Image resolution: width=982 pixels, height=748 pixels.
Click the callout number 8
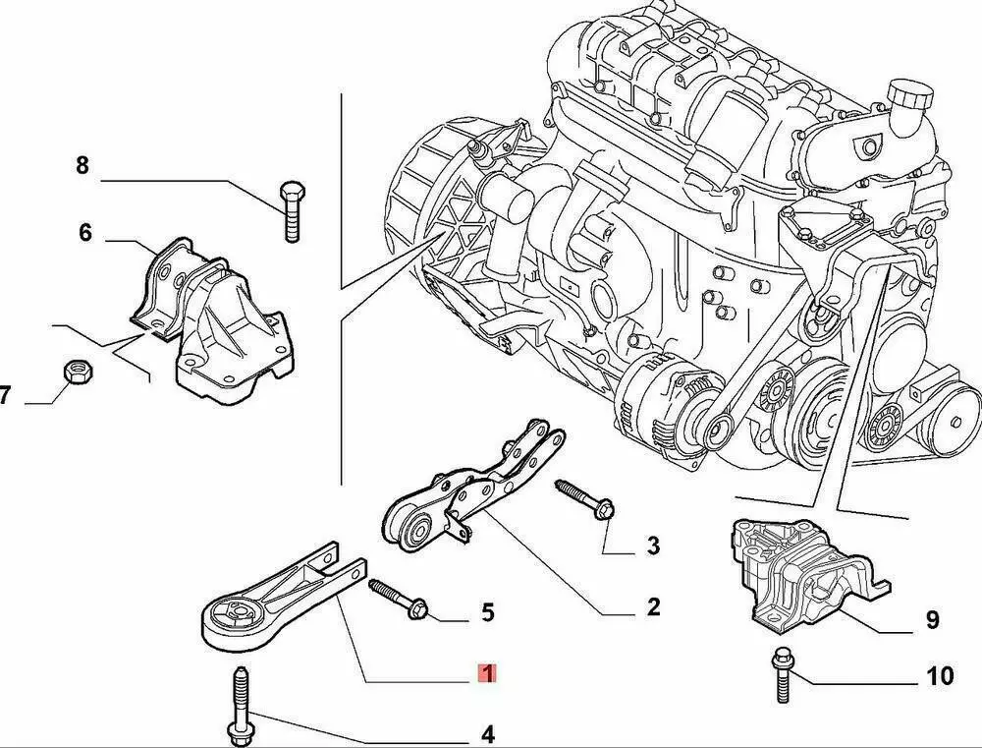click(x=82, y=165)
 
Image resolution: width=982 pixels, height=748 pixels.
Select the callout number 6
click(x=85, y=233)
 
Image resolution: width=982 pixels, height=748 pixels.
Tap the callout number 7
click(x=5, y=396)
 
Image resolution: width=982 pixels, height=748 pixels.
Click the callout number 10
click(x=940, y=676)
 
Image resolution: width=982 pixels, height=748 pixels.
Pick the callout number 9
click(x=932, y=619)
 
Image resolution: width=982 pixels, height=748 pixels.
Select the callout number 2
click(x=653, y=607)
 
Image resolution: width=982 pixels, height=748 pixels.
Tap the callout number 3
click(x=653, y=545)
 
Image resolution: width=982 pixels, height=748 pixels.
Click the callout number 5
click(x=487, y=613)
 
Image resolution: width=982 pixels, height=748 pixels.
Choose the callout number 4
click(x=487, y=733)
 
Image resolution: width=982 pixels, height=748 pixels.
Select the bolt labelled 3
click(x=584, y=498)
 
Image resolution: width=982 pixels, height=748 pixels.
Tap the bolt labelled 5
click(x=398, y=598)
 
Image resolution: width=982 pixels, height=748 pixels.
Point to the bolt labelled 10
click(x=782, y=673)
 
